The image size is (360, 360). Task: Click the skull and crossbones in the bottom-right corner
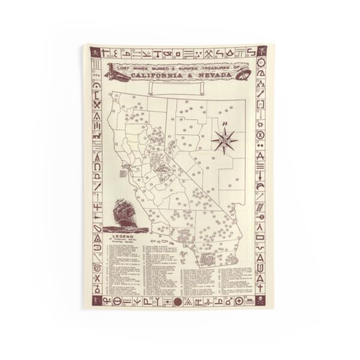[262, 299]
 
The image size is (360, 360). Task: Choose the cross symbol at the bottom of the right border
[262, 287]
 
